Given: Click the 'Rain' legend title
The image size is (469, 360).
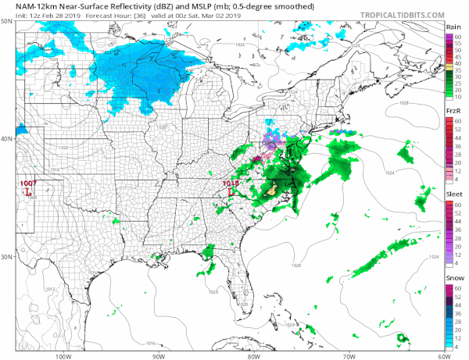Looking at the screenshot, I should tap(453, 26).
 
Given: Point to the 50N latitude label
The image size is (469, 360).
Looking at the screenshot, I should tap(7, 21).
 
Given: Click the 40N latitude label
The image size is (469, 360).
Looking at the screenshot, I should tap(7, 139).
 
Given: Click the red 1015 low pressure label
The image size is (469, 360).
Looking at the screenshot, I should tap(230, 184).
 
